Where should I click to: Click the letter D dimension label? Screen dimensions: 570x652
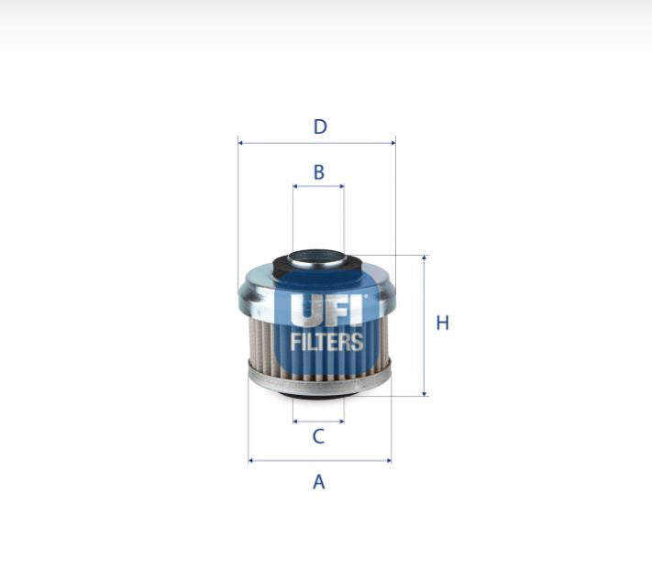tap(319, 126)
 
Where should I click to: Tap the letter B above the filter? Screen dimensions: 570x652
tap(318, 171)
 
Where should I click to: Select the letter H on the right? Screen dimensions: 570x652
tap(442, 323)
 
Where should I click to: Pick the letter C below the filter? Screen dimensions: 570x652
tap(318, 436)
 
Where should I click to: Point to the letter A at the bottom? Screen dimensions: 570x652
tap(318, 481)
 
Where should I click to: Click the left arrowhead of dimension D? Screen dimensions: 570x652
tap(241, 143)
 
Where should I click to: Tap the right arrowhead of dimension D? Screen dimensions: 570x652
tap(392, 143)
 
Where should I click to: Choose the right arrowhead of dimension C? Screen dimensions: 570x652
tap(341, 422)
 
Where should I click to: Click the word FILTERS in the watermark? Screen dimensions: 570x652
tap(326, 343)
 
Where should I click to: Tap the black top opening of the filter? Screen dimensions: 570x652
tap(318, 259)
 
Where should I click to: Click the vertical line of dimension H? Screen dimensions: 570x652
tap(424, 293)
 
